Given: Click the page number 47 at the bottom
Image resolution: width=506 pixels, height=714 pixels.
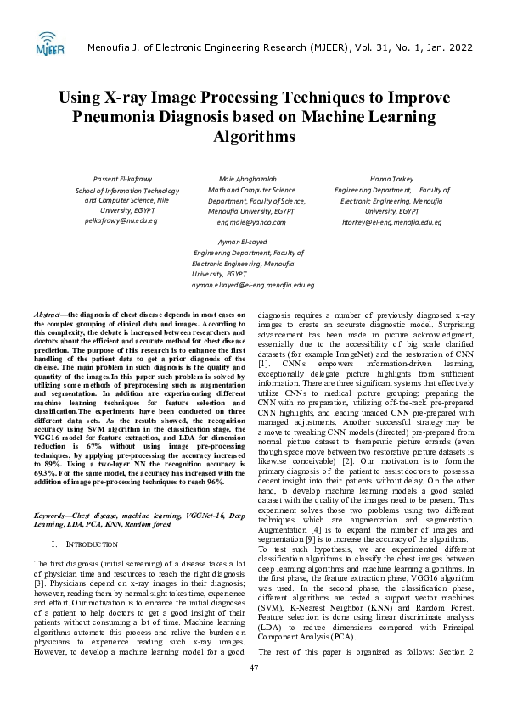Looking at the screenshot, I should click(253, 692).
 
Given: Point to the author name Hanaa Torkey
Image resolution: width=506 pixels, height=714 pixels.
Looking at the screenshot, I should click(391, 179).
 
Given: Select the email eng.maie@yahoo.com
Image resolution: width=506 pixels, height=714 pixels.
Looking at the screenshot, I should click(251, 221).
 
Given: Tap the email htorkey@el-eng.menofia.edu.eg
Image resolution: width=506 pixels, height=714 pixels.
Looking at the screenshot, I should click(391, 221).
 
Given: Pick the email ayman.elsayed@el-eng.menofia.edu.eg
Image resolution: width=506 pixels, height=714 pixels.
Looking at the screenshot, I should click(253, 286).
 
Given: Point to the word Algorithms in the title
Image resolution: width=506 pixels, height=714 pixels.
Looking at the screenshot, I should click(253, 136).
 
